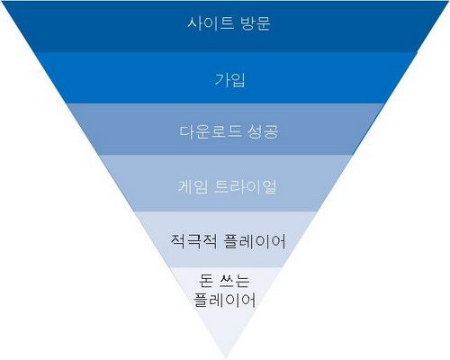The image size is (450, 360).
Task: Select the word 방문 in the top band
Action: (256, 23)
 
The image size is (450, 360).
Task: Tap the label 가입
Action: (229, 80)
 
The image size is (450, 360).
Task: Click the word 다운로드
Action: (211, 131)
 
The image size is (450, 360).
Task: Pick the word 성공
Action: (263, 131)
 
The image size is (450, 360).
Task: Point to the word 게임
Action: (193, 186)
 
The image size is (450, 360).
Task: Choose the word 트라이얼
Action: (245, 186)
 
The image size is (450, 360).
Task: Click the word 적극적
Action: (193, 241)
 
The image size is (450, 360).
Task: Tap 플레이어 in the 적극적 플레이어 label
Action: (255, 241)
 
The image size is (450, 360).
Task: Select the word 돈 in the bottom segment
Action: (206, 281)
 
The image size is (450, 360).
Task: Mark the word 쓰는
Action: (235, 281)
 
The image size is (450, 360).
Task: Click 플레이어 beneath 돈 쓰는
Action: (225, 300)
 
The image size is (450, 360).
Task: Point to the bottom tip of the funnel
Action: (226, 358)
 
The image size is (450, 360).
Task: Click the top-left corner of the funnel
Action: (1, 2)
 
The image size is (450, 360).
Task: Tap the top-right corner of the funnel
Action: (449, 2)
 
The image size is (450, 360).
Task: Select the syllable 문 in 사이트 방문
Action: (263, 23)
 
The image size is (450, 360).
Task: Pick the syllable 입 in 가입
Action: (238, 80)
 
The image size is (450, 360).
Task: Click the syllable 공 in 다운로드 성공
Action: (271, 132)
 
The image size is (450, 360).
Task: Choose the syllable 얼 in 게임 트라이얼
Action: (269, 186)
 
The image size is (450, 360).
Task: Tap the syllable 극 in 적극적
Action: (193, 241)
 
